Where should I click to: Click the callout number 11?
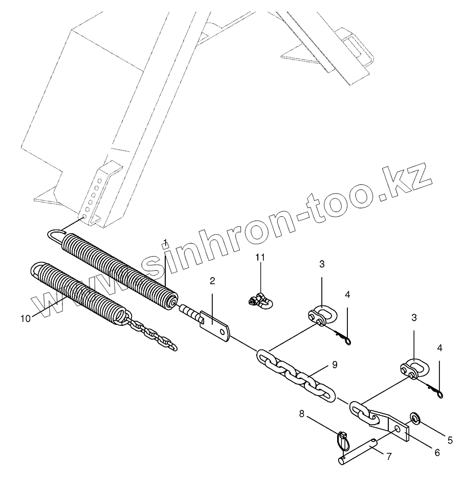click(261, 257)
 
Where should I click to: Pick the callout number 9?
click(334, 365)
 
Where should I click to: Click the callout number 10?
click(26, 318)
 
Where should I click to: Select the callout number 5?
click(450, 440)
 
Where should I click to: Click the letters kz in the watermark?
click(409, 182)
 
